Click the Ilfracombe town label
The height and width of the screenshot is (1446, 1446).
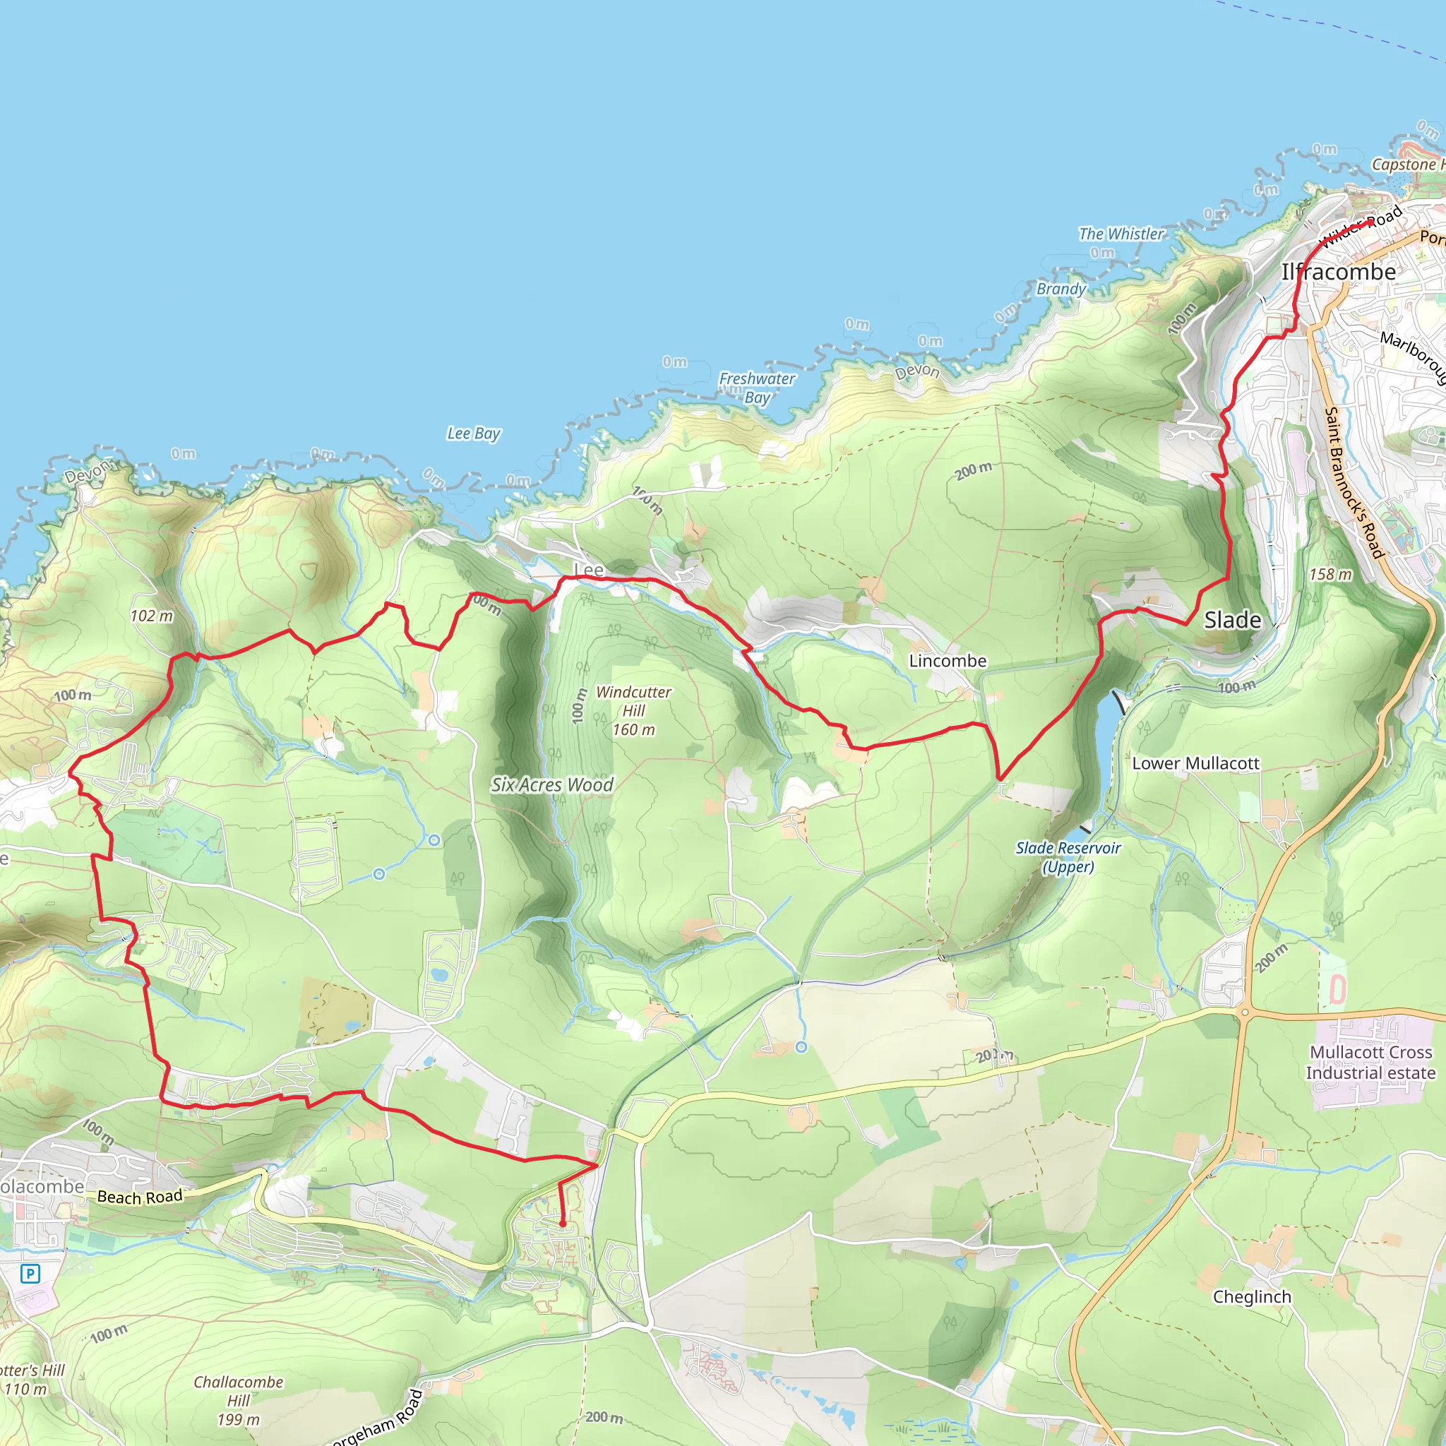[1338, 272]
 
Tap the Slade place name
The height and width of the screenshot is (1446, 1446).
[1232, 620]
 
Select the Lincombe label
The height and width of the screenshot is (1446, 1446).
[948, 661]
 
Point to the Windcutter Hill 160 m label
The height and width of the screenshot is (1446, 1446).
[633, 710]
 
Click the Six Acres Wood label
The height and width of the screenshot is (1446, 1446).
[552, 784]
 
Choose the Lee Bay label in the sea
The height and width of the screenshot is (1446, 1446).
[474, 434]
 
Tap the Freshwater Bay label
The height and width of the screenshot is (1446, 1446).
[757, 388]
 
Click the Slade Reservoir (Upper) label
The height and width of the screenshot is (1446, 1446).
[1068, 857]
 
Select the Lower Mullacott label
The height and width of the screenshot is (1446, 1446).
[1195, 763]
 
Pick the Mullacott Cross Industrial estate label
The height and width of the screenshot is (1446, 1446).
[1370, 1062]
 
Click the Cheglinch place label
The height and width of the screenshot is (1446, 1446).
[1252, 1297]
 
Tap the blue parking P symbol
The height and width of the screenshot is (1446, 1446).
[30, 1273]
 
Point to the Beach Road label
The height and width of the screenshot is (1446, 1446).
[140, 1197]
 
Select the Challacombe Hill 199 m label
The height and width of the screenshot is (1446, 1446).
[239, 1400]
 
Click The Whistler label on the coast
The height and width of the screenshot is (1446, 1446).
[1121, 234]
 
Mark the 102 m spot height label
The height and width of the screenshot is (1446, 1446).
[151, 616]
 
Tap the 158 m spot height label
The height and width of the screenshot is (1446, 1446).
[1331, 575]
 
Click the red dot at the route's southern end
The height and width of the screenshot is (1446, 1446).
[562, 1224]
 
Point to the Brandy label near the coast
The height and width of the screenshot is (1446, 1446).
[1060, 289]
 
